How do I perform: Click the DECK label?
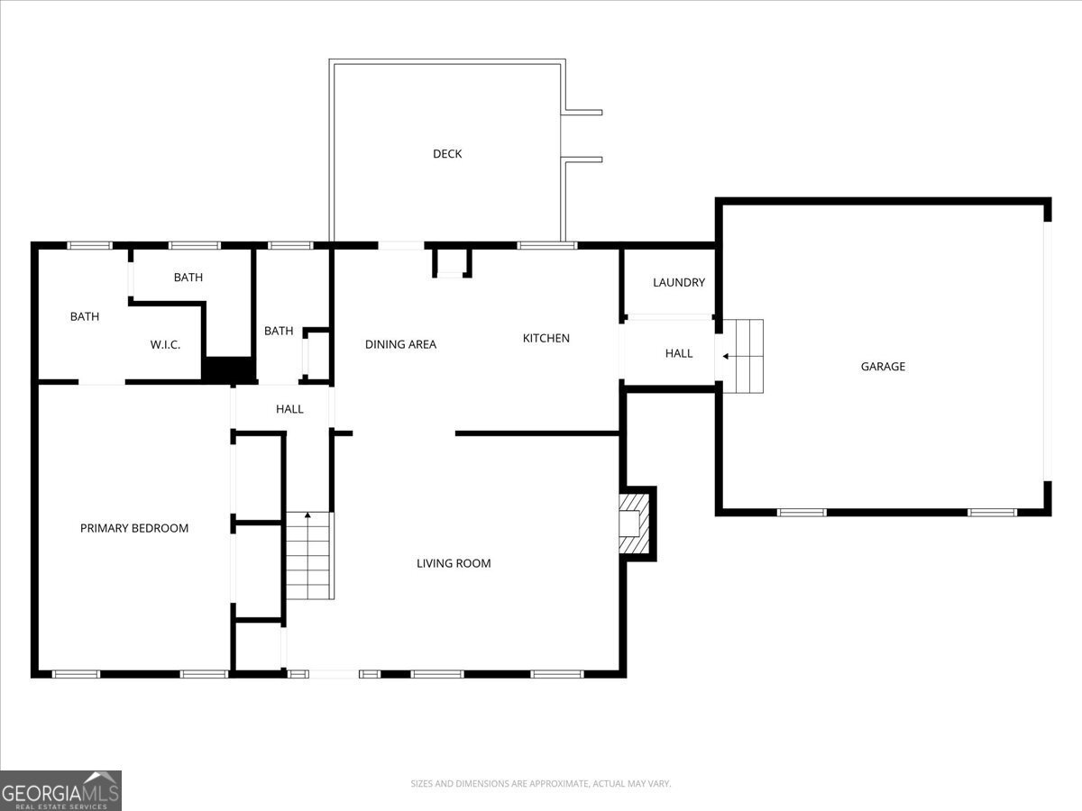pyautogui.click(x=447, y=154)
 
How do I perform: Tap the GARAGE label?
pyautogui.click(x=883, y=367)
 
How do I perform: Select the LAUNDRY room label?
pyautogui.click(x=679, y=283)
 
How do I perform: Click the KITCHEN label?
pyautogui.click(x=546, y=339)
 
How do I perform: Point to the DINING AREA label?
pyautogui.click(x=400, y=344)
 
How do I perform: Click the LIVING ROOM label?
pyautogui.click(x=454, y=564)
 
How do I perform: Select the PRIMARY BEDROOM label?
pyautogui.click(x=134, y=528)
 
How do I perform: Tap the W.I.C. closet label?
pyautogui.click(x=166, y=344)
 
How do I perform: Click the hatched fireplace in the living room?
pyautogui.click(x=635, y=524)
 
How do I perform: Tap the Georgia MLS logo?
pyautogui.click(x=60, y=790)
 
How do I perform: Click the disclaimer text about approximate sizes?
pyautogui.click(x=541, y=784)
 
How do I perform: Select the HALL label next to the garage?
pyautogui.click(x=679, y=353)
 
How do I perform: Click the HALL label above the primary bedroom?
pyautogui.click(x=289, y=409)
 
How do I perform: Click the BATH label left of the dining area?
pyautogui.click(x=279, y=332)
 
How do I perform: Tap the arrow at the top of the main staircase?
pyautogui.click(x=308, y=516)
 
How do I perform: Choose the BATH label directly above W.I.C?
pyautogui.click(x=188, y=278)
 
